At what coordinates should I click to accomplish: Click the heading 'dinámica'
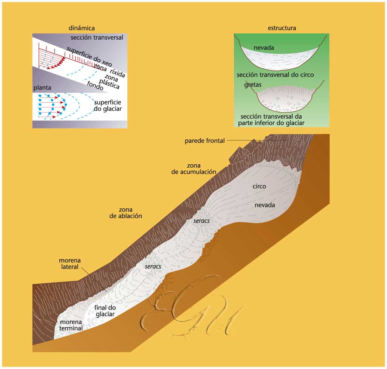pyautogui.click(x=82, y=28)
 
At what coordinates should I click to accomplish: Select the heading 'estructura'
pyautogui.click(x=282, y=28)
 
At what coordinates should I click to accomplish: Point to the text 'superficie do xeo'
pyautogui.click(x=88, y=57)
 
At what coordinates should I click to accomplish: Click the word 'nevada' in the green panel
pyautogui.click(x=264, y=48)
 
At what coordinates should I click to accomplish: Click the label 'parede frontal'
pyautogui.click(x=204, y=141)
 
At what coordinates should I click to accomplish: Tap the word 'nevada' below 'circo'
pyautogui.click(x=265, y=205)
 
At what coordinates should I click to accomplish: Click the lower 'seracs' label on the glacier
pyautogui.click(x=153, y=267)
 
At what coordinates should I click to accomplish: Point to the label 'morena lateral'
pyautogui.click(x=69, y=264)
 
